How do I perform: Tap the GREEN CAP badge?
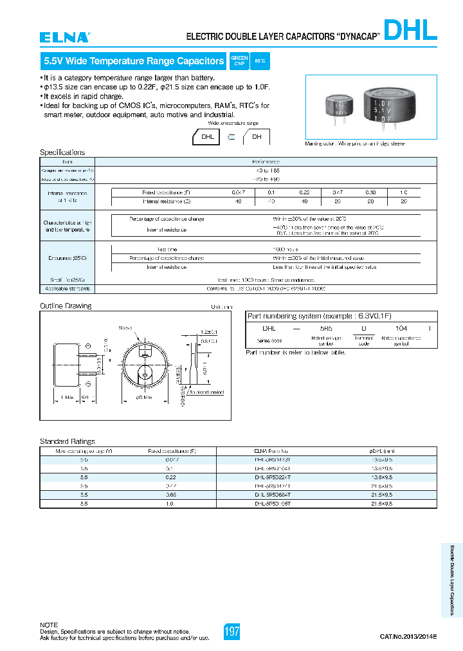click(x=239, y=62)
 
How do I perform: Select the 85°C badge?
click(x=260, y=62)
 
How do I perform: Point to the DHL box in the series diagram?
click(x=208, y=137)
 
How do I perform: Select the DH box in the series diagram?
click(x=256, y=137)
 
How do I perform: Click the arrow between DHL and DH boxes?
click(x=232, y=137)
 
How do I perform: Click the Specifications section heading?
click(x=62, y=152)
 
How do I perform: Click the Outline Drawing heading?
click(x=66, y=306)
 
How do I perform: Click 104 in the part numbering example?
click(x=401, y=329)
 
